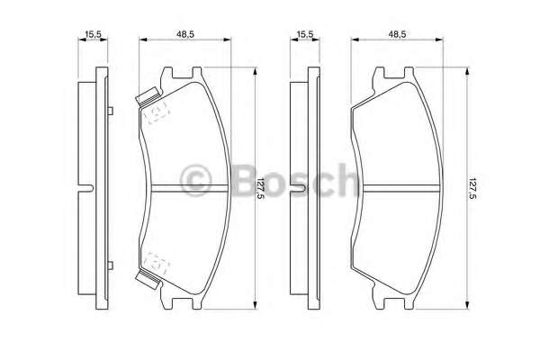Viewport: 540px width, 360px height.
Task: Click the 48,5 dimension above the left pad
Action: click(187, 34)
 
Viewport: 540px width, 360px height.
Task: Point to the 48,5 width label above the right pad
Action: click(397, 34)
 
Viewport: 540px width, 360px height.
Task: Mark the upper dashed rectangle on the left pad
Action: click(158, 112)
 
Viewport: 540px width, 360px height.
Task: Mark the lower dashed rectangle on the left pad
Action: click(158, 261)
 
